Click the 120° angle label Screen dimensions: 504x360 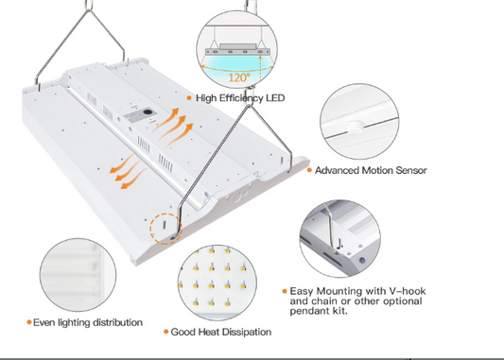[x=239, y=77]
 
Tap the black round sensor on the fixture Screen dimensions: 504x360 [x=148, y=112]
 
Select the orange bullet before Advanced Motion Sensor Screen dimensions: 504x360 [x=309, y=170]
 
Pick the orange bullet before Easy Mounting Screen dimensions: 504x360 [x=285, y=291]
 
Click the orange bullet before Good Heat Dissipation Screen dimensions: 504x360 [x=165, y=332]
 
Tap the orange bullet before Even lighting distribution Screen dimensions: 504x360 [x=29, y=322]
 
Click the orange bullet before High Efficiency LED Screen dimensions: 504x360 [x=189, y=98]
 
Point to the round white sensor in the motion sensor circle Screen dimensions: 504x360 [x=355, y=126]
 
